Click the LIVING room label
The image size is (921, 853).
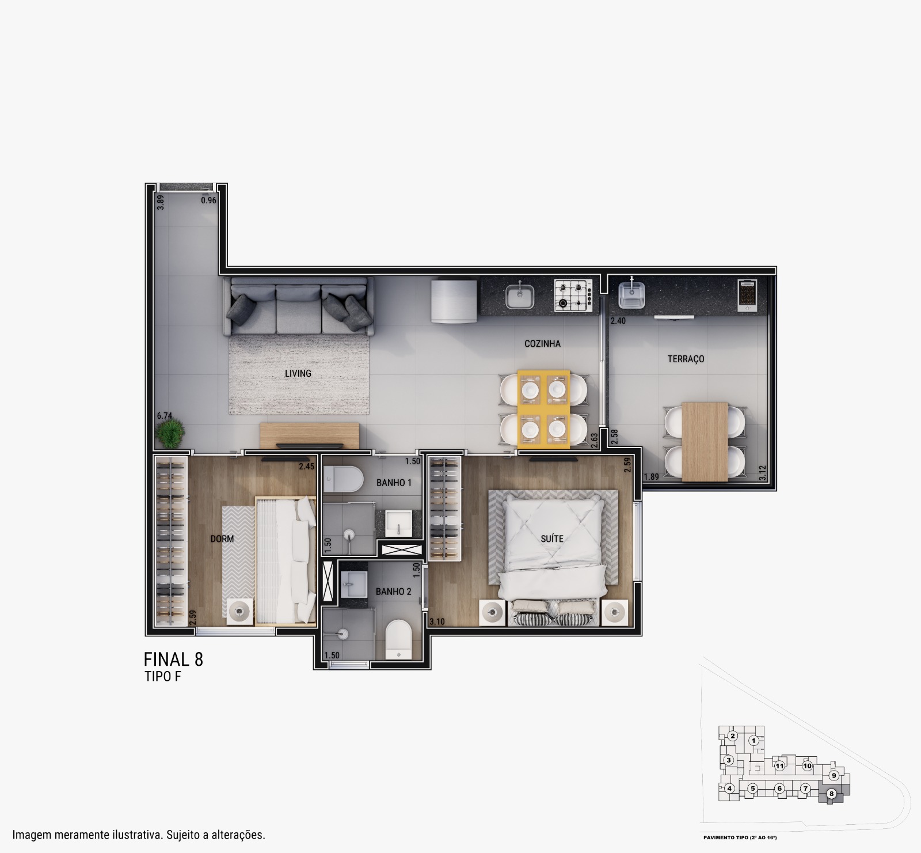coord(298,373)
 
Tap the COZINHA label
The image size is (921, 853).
coord(542,344)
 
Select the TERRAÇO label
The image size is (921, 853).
coord(686,359)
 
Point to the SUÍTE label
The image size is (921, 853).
coord(552,539)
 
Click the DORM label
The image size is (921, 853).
coord(222,539)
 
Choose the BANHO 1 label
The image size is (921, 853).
coord(394,483)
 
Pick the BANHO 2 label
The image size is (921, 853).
coord(393,592)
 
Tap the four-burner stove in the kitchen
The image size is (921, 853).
coord(573,295)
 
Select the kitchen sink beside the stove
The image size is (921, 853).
coord(520,296)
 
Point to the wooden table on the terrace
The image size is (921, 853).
coord(705,441)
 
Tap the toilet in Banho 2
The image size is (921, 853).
coord(397,639)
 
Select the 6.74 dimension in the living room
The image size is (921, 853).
coord(165,416)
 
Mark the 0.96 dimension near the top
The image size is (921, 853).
coord(208,201)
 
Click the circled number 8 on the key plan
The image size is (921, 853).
coord(831,794)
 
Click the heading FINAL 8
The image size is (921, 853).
coord(173,659)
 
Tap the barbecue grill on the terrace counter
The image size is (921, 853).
coord(747,295)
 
